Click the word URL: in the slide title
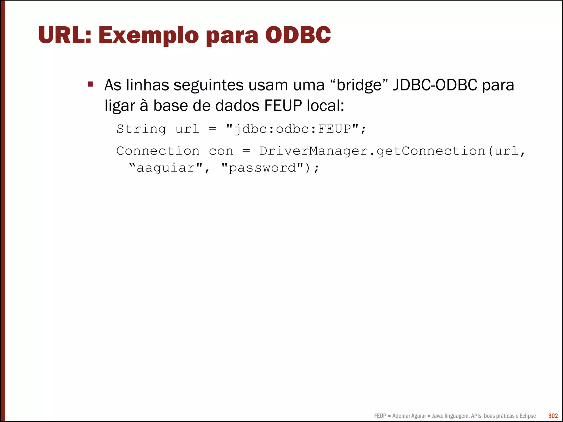pos(65,35)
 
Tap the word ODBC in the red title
pos(298,35)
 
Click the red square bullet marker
pos(91,84)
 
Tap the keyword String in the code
pos(141,129)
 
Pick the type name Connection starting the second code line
pos(158,151)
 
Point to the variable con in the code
pos(221,151)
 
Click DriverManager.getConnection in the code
pos(372,151)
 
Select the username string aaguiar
pos(166,168)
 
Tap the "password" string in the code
pos(262,168)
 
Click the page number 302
pos(553,416)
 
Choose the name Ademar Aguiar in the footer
pos(409,416)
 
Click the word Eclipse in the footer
pos(527,416)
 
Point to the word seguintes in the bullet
pos(208,85)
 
